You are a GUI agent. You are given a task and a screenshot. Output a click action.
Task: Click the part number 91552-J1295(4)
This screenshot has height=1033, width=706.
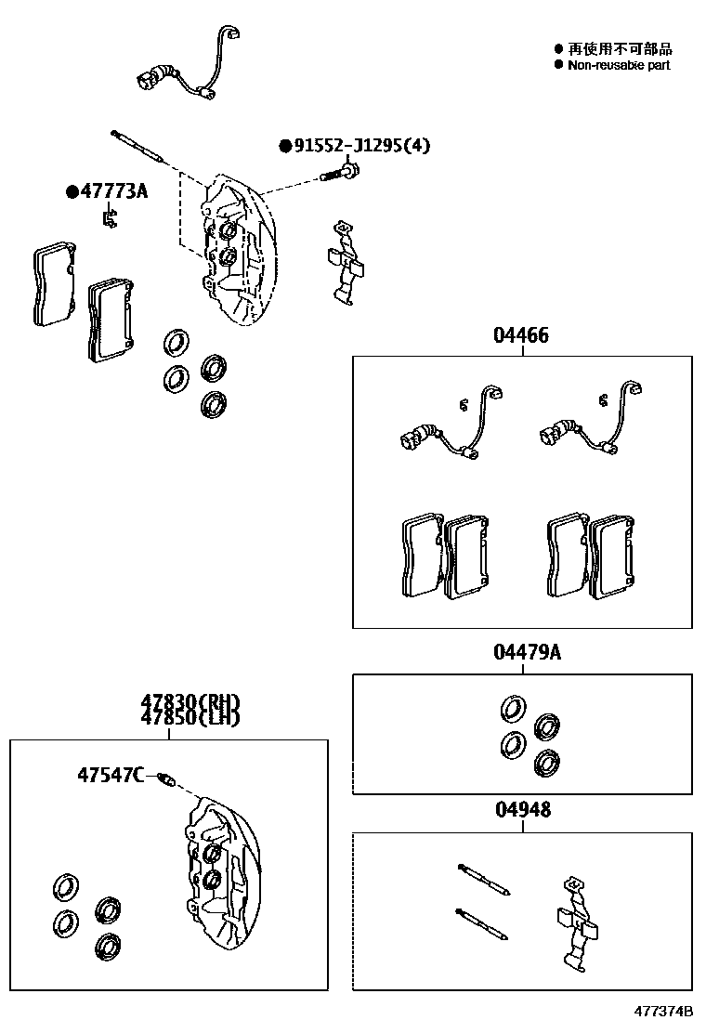pyautogui.click(x=361, y=145)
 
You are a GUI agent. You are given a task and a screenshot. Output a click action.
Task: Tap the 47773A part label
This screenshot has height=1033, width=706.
pyautogui.click(x=114, y=191)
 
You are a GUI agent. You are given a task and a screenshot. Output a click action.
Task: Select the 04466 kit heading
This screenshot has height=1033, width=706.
pyautogui.click(x=521, y=334)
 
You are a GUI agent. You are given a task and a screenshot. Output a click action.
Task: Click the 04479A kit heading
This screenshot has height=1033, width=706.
pyautogui.click(x=528, y=652)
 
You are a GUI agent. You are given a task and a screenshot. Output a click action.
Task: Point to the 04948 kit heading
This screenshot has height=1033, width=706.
pyautogui.click(x=523, y=809)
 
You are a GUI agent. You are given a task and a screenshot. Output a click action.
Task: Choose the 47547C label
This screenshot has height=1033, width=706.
pyautogui.click(x=111, y=774)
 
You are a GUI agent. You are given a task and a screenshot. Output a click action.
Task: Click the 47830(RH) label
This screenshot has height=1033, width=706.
pyautogui.click(x=190, y=702)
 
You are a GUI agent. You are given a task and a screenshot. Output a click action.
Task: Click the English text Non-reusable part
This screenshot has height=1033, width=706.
pyautogui.click(x=619, y=65)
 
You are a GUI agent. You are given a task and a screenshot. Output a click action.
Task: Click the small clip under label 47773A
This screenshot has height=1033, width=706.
pyautogui.click(x=110, y=218)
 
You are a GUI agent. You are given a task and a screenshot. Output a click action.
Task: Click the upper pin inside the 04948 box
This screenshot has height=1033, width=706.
pyautogui.click(x=484, y=879)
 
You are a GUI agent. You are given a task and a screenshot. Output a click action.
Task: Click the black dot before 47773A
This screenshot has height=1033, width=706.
pyautogui.click(x=72, y=191)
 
